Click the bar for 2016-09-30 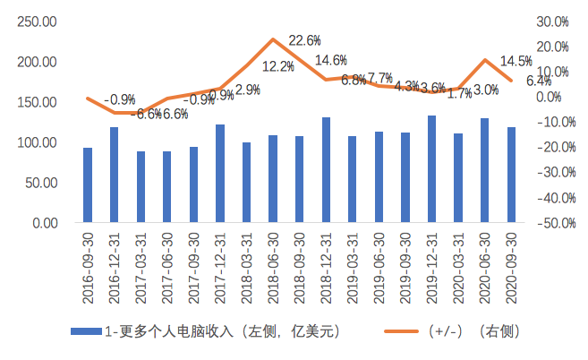tap(88, 185)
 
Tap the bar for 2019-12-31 tap(432, 169)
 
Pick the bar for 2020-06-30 tap(485, 170)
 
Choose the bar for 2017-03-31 tap(141, 187)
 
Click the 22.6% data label tap(304, 41)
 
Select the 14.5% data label tap(516, 62)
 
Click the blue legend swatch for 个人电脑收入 tap(86, 331)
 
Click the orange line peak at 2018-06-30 tap(273, 39)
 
